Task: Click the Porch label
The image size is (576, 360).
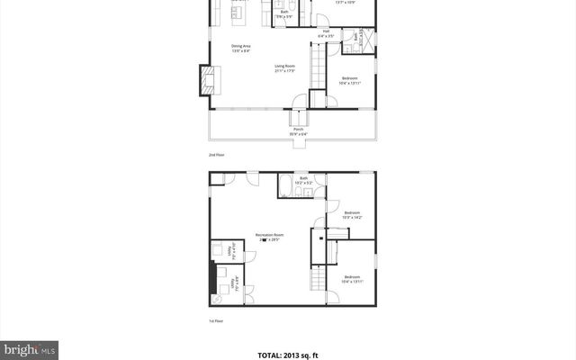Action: (x=298, y=131)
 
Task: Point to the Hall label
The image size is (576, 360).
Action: (x=326, y=32)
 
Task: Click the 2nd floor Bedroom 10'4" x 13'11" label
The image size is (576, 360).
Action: (x=350, y=80)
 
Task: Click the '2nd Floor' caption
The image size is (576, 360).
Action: (x=216, y=155)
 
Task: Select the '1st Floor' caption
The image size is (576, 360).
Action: (x=215, y=319)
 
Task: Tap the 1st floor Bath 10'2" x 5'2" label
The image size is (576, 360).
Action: (x=303, y=180)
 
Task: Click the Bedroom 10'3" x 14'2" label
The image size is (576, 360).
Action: (x=351, y=215)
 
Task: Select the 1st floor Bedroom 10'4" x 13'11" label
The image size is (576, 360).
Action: (x=352, y=279)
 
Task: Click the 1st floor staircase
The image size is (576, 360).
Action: (x=317, y=280)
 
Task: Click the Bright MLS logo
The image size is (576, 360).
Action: (x=30, y=348)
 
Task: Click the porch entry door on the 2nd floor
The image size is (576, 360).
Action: (x=298, y=119)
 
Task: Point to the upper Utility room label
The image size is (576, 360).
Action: (x=230, y=249)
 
